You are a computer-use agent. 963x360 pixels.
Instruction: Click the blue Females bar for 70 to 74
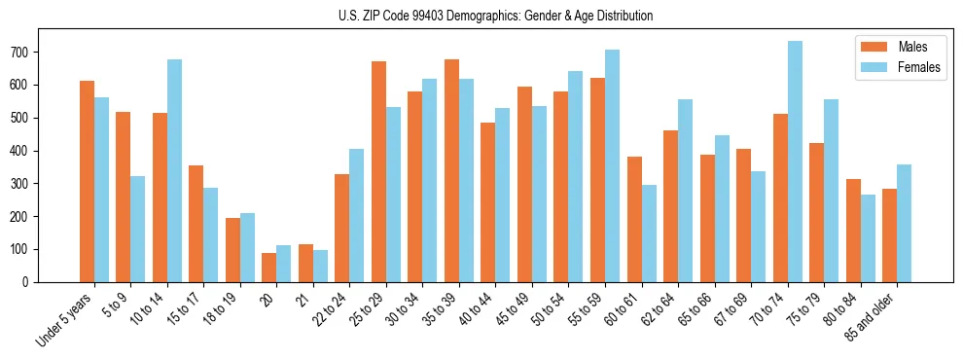click(795, 162)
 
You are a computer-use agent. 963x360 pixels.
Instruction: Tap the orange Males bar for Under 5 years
click(87, 181)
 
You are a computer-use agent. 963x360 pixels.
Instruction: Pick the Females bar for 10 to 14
click(174, 170)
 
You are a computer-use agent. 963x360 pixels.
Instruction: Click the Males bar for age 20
click(269, 268)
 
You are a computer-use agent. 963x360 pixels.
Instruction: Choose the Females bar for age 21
click(320, 266)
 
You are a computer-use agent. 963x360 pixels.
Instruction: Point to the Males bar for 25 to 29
click(378, 171)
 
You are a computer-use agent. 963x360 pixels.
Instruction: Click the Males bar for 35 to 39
click(451, 170)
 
